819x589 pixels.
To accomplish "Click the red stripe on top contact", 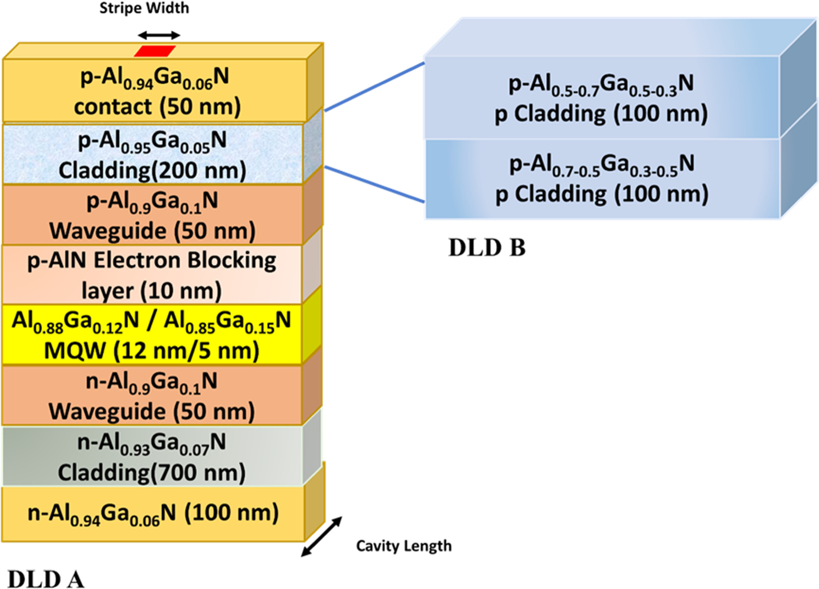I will coord(155,51).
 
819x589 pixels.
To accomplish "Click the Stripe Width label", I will coord(144,8).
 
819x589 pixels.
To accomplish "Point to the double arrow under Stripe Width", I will coord(159,35).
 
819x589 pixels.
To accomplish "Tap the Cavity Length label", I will coord(404,546).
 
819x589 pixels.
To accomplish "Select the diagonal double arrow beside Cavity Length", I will coord(322,536).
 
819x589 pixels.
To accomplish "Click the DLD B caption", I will coord(487,247).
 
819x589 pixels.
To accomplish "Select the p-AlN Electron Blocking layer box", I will coord(152,275).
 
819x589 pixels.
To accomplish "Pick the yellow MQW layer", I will coord(152,335).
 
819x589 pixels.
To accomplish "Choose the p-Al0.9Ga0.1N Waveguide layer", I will coord(152,215).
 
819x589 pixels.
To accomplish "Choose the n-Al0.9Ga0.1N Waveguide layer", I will coord(152,395).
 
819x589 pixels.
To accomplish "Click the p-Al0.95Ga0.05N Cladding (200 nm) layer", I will coord(152,154).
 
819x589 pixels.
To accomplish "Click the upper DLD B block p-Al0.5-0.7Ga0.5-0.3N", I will coord(601,98).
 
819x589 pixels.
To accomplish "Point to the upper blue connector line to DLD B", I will coord(374,87).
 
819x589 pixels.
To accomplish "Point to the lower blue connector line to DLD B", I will coord(374,184).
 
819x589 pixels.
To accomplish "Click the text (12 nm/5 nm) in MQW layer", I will coord(186,351).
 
